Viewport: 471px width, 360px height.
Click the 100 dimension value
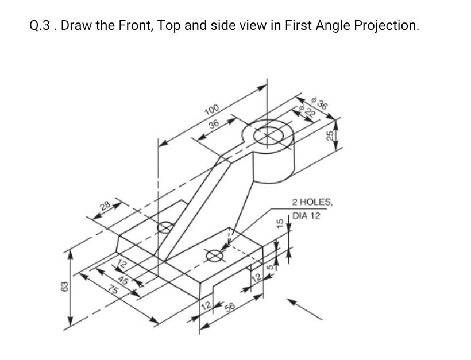(x=211, y=110)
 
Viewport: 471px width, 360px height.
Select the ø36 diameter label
(x=320, y=104)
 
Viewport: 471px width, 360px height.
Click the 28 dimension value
(x=105, y=206)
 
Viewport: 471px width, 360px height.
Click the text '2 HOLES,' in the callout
(x=312, y=202)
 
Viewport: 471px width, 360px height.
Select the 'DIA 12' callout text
(x=306, y=216)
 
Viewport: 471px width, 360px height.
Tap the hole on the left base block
(x=165, y=227)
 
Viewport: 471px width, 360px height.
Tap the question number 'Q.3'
(x=42, y=25)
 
